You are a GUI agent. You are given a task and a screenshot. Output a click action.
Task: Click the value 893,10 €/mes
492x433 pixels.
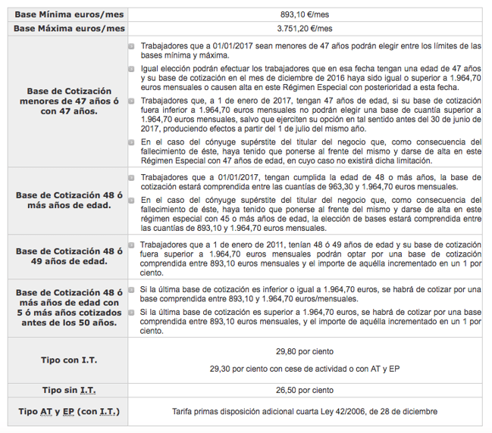[304, 14]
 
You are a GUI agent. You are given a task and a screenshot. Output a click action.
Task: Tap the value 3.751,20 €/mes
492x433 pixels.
[304, 29]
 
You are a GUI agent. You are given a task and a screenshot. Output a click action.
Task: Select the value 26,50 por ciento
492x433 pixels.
[304, 391]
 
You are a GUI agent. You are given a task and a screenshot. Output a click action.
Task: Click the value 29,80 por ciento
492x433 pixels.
[304, 351]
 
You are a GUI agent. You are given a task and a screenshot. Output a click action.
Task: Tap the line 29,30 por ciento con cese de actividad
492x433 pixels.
[304, 369]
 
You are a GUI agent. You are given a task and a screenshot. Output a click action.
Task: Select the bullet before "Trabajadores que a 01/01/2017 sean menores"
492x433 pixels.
[133, 46]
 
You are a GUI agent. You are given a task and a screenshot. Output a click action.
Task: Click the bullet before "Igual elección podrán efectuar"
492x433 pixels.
[133, 69]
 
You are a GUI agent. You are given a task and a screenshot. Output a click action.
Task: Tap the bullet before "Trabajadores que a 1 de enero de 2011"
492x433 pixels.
[133, 245]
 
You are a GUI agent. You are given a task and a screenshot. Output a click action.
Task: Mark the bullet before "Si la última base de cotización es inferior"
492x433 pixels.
[133, 289]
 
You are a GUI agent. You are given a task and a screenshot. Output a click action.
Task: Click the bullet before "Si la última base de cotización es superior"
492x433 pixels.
[133, 311]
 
